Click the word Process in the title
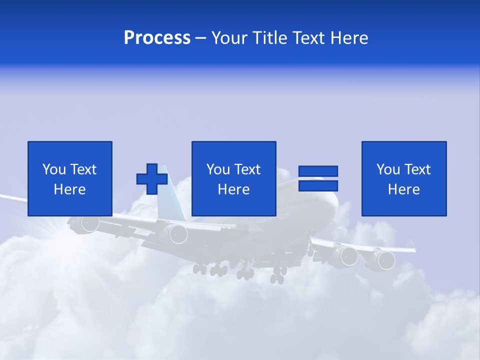[157, 38]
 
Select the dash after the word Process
[201, 38]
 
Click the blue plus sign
[152, 179]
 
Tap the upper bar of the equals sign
[318, 171]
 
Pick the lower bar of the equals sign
[318, 185]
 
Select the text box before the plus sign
[70, 178]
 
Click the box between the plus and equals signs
[233, 178]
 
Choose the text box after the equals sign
[404, 178]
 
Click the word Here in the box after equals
[403, 189]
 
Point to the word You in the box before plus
[54, 169]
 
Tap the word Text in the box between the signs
[247, 169]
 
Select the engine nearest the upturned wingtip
[385, 260]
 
